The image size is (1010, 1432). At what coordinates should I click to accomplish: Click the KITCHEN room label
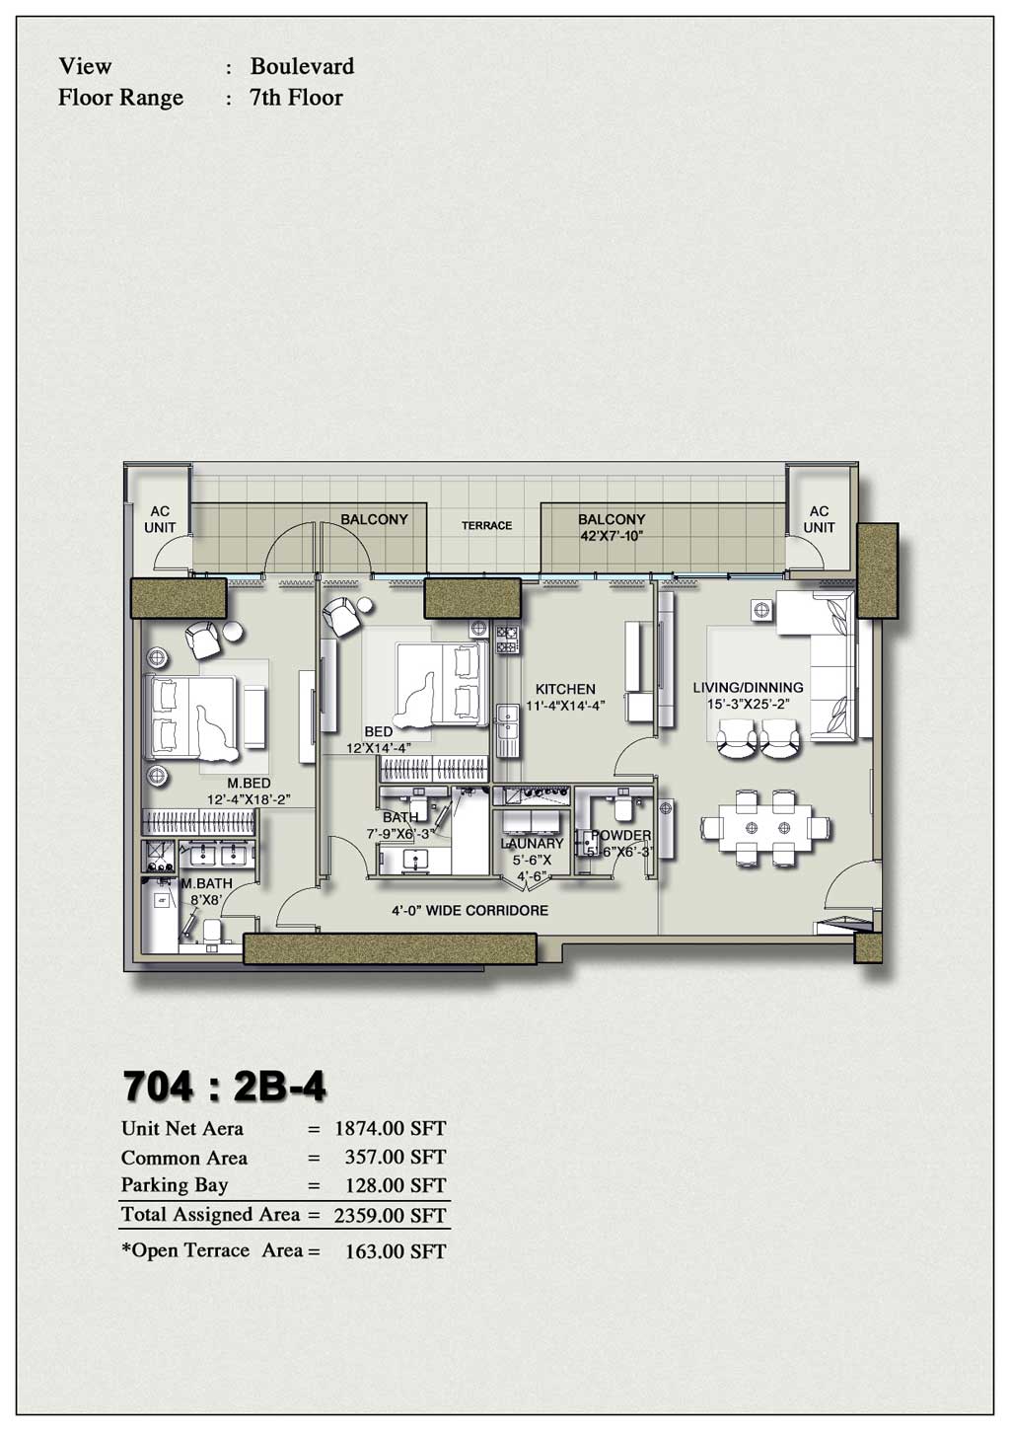(x=565, y=689)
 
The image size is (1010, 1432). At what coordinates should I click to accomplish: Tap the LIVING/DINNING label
(x=748, y=687)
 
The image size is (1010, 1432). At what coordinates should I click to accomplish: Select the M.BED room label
(x=249, y=784)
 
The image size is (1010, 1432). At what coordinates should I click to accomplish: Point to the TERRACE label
(x=486, y=526)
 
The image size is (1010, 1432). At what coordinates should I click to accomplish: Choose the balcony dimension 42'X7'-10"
(x=612, y=537)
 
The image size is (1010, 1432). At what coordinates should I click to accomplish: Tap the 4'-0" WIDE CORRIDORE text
(x=469, y=910)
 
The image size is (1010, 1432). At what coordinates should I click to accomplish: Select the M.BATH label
(x=206, y=883)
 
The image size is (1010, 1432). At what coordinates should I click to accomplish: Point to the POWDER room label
(x=621, y=835)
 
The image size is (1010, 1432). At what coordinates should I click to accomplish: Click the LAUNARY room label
(x=533, y=844)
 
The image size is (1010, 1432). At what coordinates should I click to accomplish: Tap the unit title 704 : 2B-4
(x=224, y=1087)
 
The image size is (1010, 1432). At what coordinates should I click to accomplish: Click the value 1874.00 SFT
(x=390, y=1128)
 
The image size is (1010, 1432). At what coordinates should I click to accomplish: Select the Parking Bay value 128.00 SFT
(x=395, y=1185)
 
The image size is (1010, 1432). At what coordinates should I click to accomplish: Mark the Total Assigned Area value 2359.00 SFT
(x=390, y=1216)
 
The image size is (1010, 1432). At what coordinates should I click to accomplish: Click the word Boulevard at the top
(x=302, y=66)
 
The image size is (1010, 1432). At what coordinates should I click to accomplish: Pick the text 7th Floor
(x=296, y=98)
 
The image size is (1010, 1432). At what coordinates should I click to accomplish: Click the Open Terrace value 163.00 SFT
(x=395, y=1251)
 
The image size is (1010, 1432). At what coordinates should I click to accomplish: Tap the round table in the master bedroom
(x=236, y=631)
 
